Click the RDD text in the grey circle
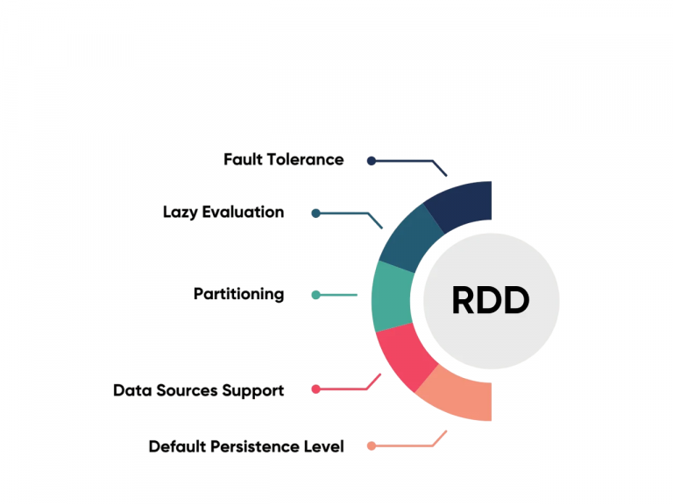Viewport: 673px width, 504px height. [490, 301]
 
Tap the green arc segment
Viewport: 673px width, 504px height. [392, 297]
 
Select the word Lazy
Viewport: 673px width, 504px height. [181, 212]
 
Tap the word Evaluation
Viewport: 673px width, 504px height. [244, 212]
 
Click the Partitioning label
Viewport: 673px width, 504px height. [238, 294]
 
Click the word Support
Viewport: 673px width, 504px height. [254, 390]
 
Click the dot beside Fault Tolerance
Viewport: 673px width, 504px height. [372, 161]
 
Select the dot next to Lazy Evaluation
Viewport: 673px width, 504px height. [315, 213]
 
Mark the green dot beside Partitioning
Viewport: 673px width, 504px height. [315, 295]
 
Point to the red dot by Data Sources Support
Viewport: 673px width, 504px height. [315, 388]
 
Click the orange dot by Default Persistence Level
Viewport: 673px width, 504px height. [372, 446]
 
